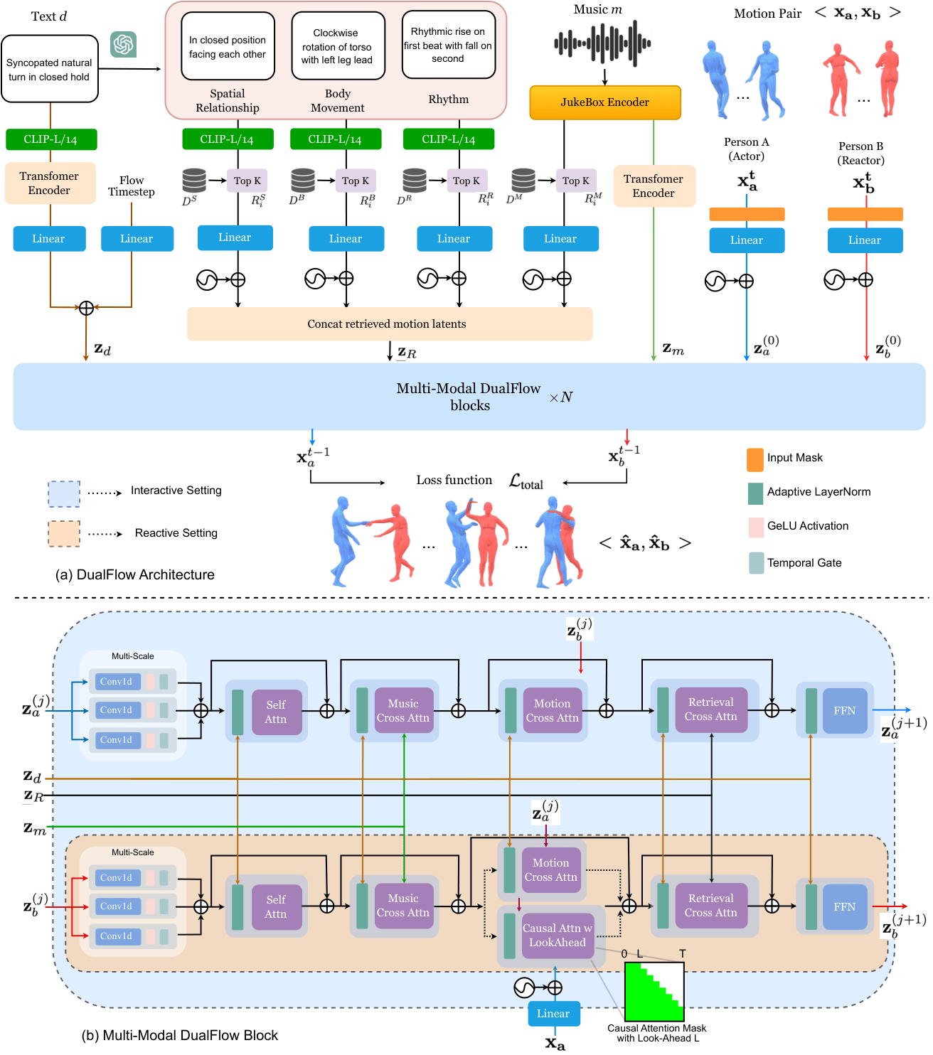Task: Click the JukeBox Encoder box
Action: [x=604, y=102]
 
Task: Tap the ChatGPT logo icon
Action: [x=123, y=45]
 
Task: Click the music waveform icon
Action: [x=602, y=43]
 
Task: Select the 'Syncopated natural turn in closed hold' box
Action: [x=50, y=70]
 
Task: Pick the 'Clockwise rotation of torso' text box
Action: [x=338, y=46]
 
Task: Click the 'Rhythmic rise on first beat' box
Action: [x=448, y=45]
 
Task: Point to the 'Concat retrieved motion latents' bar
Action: [x=389, y=324]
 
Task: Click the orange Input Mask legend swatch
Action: [x=755, y=459]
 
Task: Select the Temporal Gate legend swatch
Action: [x=756, y=563]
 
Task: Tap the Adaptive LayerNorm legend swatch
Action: [x=755, y=493]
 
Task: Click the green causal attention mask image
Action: [x=654, y=992]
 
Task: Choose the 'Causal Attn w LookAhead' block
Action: [x=558, y=936]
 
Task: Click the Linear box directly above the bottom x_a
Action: [x=553, y=1014]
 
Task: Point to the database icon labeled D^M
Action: [x=523, y=180]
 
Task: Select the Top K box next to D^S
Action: [x=247, y=181]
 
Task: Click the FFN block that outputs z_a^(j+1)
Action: [x=844, y=710]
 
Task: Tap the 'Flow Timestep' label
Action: [x=132, y=186]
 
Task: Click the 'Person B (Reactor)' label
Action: [x=860, y=153]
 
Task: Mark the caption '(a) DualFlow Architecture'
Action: [x=135, y=574]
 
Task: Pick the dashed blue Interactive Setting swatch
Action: [x=64, y=493]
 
